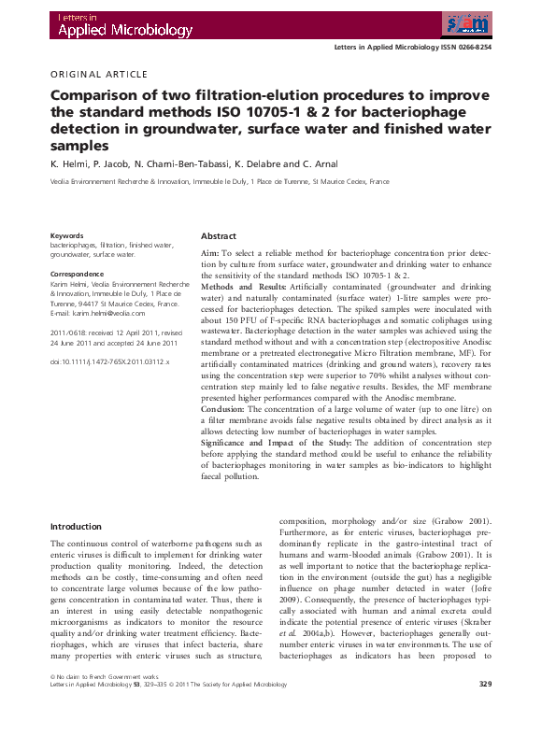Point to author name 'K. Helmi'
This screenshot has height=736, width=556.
pos(69,164)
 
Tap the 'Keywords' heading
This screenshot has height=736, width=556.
pos(66,236)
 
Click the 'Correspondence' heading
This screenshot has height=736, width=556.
pos(77,274)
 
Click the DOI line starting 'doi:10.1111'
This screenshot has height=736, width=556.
pos(108,361)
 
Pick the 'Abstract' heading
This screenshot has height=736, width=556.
pos(219,236)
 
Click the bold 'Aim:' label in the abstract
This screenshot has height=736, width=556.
pos(210,254)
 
